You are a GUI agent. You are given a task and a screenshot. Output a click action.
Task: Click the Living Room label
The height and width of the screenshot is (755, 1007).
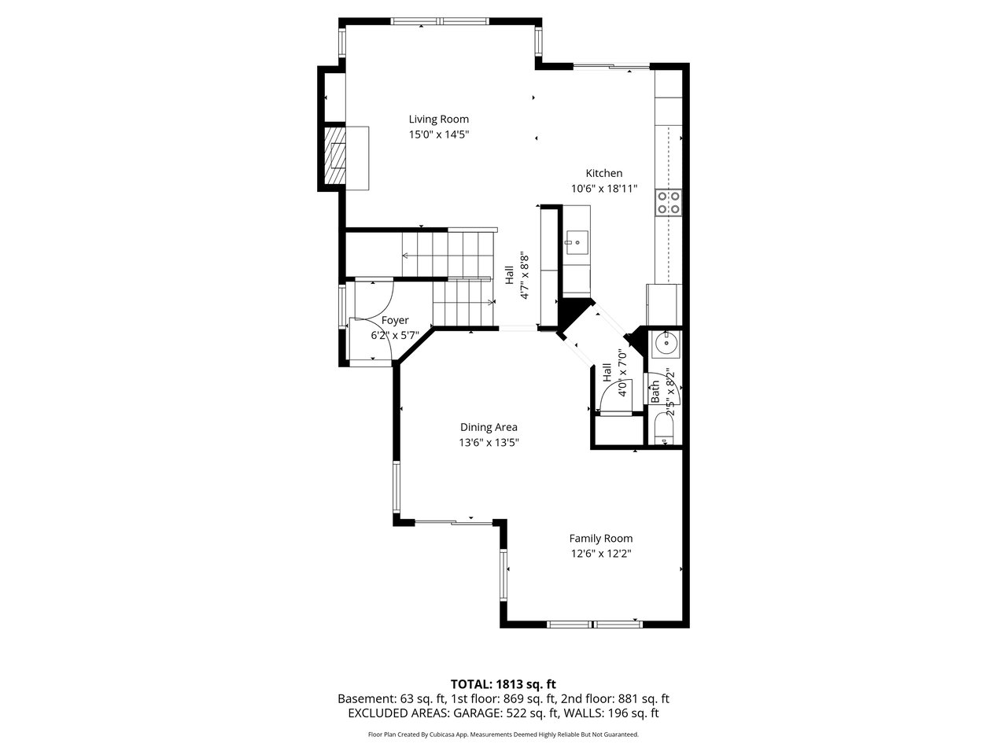pyautogui.click(x=438, y=120)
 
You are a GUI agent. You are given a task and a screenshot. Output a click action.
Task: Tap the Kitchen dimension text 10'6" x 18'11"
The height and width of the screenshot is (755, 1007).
pyautogui.click(x=603, y=189)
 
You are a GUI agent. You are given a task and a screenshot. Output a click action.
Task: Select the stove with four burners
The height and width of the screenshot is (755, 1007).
pyautogui.click(x=669, y=203)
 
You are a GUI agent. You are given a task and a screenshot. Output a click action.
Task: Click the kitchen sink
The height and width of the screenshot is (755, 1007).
pyautogui.click(x=576, y=242)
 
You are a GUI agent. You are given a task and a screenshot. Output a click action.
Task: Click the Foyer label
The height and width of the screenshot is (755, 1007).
pyautogui.click(x=395, y=320)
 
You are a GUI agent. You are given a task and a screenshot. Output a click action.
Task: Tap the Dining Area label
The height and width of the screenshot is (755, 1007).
pyautogui.click(x=489, y=427)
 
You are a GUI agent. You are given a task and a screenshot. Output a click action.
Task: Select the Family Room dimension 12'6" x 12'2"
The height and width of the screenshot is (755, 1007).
pyautogui.click(x=601, y=554)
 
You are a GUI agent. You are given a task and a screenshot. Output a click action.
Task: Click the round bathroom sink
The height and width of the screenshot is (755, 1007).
pyautogui.click(x=666, y=342)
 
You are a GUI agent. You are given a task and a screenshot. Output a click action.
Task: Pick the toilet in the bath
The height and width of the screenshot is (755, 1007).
pyautogui.click(x=664, y=428)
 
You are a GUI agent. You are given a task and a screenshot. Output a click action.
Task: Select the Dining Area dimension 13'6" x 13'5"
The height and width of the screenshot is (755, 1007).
pyautogui.click(x=489, y=443)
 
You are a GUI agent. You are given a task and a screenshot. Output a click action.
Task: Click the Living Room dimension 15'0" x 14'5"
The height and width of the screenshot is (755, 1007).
pyautogui.click(x=439, y=134)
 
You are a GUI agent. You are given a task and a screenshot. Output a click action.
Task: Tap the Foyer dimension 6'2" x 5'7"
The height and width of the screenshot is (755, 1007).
pyautogui.click(x=395, y=336)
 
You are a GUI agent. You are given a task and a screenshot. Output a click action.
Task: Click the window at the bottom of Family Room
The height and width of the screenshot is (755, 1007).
pyautogui.click(x=595, y=624)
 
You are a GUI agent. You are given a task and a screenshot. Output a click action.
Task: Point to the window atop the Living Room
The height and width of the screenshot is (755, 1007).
pyautogui.click(x=441, y=21)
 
